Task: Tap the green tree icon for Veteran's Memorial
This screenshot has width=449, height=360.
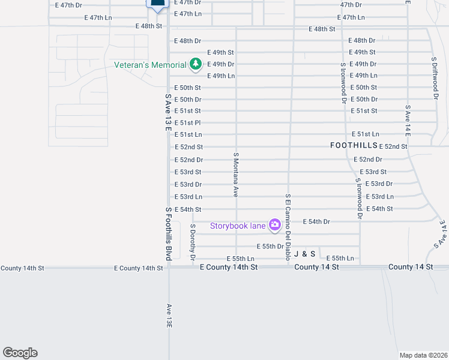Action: click(195, 64)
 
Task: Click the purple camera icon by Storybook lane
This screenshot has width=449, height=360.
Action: click(275, 225)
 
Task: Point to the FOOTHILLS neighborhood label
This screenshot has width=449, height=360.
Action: click(354, 146)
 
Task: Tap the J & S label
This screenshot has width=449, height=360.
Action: click(304, 254)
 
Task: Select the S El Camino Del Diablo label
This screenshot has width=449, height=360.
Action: click(288, 229)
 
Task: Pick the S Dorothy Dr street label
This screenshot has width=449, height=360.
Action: click(193, 242)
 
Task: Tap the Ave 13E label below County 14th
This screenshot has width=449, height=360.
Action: click(169, 315)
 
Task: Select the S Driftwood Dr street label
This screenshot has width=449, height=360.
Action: click(435, 78)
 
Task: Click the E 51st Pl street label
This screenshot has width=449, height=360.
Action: click(187, 123)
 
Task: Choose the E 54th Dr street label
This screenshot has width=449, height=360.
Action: click(316, 222)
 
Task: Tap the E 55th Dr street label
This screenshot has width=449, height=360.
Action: click(270, 247)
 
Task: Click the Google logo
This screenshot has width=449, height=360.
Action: click(20, 353)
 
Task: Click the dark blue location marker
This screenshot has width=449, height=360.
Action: click(157, 5)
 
